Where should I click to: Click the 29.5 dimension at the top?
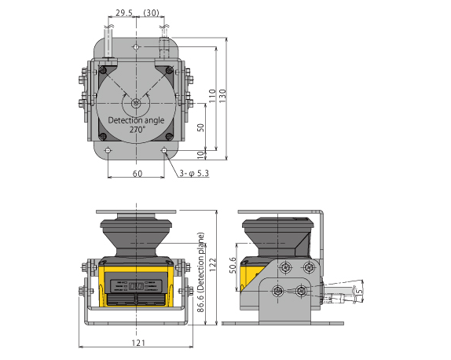(x=123, y=13)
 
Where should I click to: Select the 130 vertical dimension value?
(x=222, y=94)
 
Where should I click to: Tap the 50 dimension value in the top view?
(x=200, y=127)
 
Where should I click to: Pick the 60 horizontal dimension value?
(x=137, y=173)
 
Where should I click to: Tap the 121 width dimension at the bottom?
(x=137, y=343)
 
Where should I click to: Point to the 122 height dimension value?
(x=211, y=267)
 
